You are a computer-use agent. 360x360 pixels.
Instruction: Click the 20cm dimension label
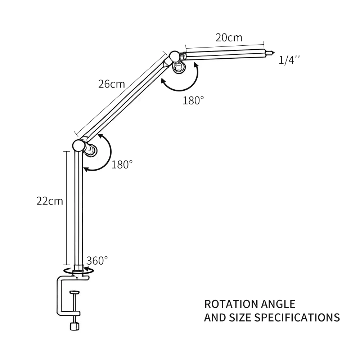click(x=229, y=37)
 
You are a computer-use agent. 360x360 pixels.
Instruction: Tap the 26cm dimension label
click(x=111, y=84)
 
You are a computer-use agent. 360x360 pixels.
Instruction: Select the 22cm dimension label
click(x=50, y=201)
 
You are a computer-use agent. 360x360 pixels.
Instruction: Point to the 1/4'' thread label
click(x=289, y=60)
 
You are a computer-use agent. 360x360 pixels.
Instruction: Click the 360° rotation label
click(x=97, y=260)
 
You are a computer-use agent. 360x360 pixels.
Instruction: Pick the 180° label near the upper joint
click(x=193, y=100)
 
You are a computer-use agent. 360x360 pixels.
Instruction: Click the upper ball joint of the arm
click(x=174, y=56)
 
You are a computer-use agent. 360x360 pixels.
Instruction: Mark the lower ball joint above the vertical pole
click(x=78, y=145)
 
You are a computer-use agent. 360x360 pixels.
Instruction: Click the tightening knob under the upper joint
click(x=178, y=67)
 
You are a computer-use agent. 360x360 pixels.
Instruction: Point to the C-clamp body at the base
click(x=60, y=295)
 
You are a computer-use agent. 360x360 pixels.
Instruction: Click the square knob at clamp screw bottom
click(x=74, y=326)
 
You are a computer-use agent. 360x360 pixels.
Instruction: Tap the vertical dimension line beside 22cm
click(x=66, y=208)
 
